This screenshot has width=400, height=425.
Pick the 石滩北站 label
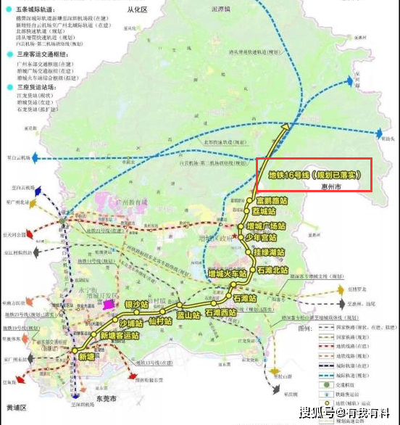tap(275, 270)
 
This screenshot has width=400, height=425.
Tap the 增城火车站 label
tap(230, 274)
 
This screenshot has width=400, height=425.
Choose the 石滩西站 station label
tap(222, 312)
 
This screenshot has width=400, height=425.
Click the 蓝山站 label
tap(188, 315)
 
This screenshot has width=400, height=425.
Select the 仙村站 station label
tap(158, 320)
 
